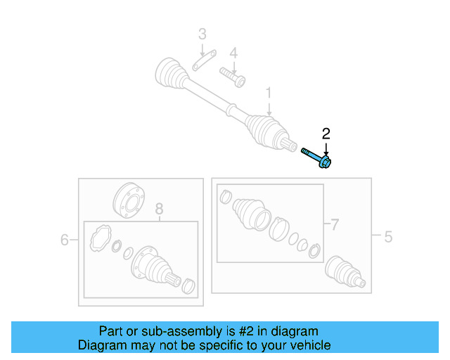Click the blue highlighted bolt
click(317, 157)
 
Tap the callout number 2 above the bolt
click(326, 133)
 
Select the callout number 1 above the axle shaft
click(268, 92)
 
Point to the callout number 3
click(202, 34)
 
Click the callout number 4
click(233, 53)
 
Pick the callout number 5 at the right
click(387, 238)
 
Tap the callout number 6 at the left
click(65, 240)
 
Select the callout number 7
click(335, 225)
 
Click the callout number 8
click(159, 208)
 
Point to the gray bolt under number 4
click(231, 75)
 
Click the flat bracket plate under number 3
click(202, 62)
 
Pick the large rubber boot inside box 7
click(251, 212)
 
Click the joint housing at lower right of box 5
click(344, 272)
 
